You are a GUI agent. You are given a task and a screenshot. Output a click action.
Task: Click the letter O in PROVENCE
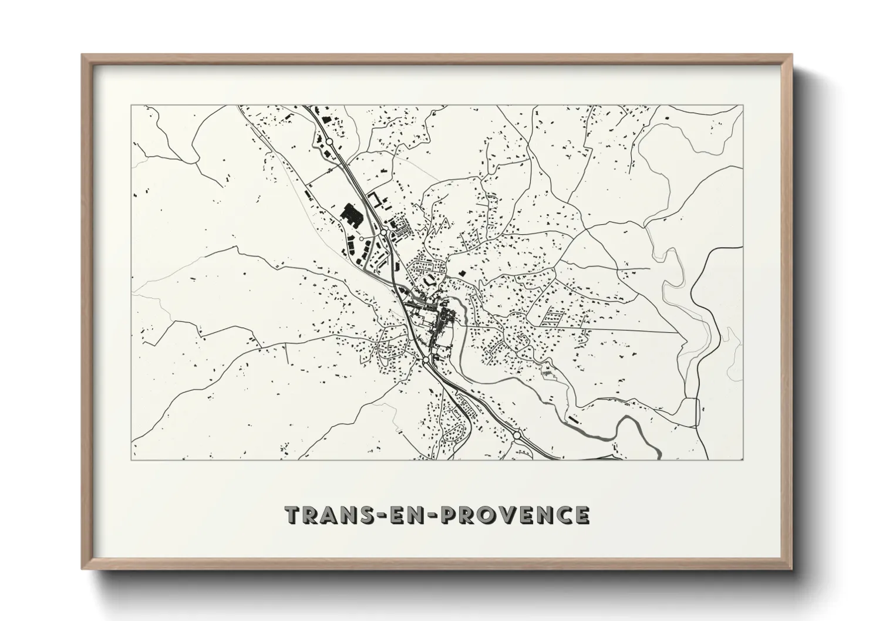(x=480, y=515)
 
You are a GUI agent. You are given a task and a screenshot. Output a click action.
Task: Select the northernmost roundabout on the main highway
(x=330, y=142)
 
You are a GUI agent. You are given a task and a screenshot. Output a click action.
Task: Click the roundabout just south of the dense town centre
(x=426, y=359)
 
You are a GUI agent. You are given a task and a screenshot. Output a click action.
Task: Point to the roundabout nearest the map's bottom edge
(x=517, y=436)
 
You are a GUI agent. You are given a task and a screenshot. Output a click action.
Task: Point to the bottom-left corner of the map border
(x=132, y=460)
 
